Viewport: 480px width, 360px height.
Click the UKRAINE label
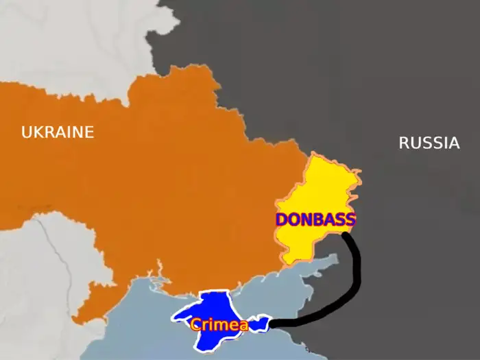tap(57, 132)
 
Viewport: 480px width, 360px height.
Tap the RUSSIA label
tap(429, 143)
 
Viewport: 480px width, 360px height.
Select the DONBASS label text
tap(315, 220)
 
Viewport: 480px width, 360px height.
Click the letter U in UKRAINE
tap(27, 132)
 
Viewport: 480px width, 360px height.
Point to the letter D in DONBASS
tap(282, 220)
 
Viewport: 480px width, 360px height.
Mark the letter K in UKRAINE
tap(39, 132)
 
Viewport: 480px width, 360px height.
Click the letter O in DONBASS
tap(295, 220)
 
